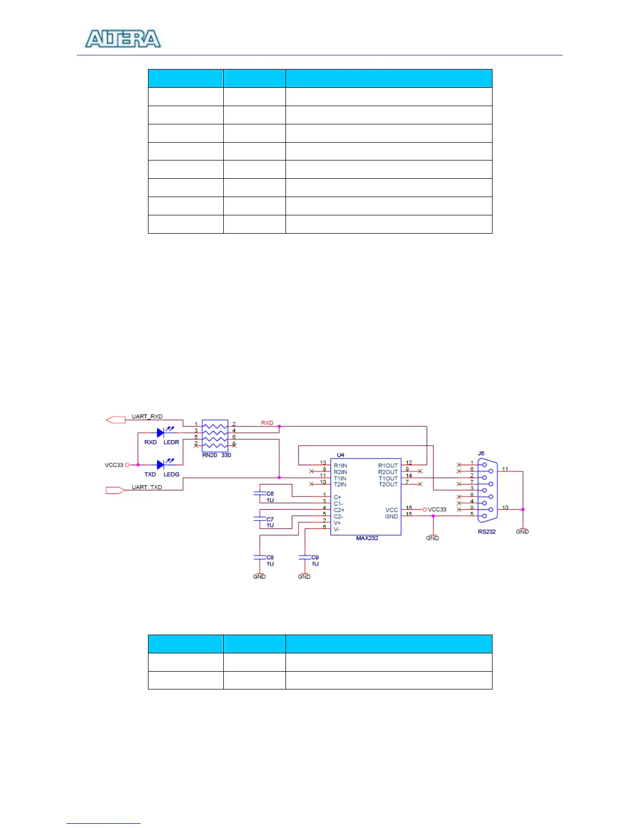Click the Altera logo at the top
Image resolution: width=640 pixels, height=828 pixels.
(x=123, y=39)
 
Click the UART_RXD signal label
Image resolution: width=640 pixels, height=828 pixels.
(x=147, y=417)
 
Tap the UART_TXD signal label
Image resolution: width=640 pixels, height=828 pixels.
(x=146, y=487)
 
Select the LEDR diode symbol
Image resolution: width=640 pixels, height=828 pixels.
(x=161, y=433)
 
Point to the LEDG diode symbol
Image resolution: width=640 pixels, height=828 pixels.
(x=161, y=465)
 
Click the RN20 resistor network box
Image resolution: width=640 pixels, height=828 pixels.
(x=215, y=435)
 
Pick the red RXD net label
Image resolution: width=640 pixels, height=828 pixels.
(x=267, y=423)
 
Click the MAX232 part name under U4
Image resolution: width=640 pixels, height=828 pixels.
(x=367, y=538)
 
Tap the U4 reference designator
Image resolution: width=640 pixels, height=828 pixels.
(x=341, y=455)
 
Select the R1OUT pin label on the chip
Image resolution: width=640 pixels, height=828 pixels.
(x=388, y=466)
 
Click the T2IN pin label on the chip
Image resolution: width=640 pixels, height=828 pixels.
(x=340, y=485)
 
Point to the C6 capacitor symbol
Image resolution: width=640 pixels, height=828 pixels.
(x=259, y=493)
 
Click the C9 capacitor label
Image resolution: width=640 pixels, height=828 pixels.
(x=315, y=558)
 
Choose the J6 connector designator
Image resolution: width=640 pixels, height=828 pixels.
(x=481, y=454)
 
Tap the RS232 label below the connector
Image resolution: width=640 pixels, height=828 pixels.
(x=486, y=532)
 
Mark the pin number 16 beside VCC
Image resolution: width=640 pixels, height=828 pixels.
(x=409, y=508)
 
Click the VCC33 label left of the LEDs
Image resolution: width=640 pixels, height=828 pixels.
(x=114, y=465)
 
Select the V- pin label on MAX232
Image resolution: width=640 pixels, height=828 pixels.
(x=337, y=530)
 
